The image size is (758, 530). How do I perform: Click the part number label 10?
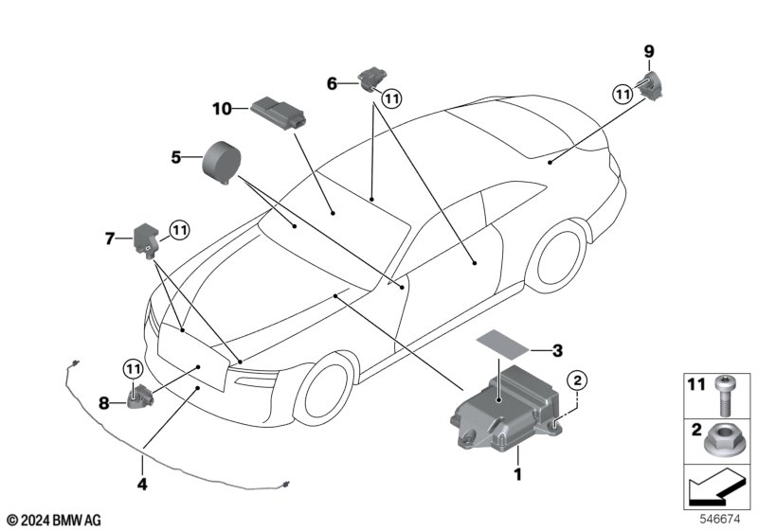click(221, 109)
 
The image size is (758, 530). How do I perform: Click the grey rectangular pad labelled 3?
click(504, 342)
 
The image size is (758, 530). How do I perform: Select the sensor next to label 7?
click(149, 237)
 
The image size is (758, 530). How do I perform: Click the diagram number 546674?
click(720, 519)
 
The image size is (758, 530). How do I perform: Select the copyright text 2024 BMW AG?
click(53, 519)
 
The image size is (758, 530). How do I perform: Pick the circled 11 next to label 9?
click(623, 94)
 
